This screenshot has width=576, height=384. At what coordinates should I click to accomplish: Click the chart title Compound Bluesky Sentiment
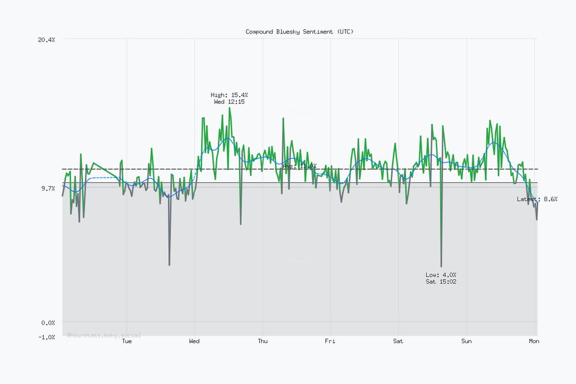(x=300, y=32)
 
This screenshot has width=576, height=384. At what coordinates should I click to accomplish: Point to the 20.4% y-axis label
(x=46, y=39)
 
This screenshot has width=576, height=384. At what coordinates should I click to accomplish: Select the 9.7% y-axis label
(x=48, y=188)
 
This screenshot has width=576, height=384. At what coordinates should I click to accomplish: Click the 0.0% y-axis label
(x=48, y=322)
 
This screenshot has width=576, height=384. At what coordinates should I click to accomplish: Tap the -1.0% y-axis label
(x=46, y=337)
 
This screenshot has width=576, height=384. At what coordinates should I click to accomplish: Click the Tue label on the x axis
(x=127, y=341)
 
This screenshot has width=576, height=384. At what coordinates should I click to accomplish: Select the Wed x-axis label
(x=195, y=341)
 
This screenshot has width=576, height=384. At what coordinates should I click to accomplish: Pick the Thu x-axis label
(x=263, y=341)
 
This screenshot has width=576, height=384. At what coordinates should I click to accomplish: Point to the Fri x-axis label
(x=330, y=341)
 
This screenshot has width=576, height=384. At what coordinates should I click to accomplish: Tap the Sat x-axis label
(x=398, y=341)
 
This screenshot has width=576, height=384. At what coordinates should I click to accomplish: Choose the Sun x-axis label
(x=466, y=341)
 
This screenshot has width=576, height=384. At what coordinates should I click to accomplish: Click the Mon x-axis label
(x=535, y=341)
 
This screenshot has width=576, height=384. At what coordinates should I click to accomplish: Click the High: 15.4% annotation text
(x=229, y=95)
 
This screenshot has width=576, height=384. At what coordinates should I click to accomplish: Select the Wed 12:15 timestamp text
(x=229, y=102)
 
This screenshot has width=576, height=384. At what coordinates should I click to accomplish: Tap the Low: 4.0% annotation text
(x=441, y=275)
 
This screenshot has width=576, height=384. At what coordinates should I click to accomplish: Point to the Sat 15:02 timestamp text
(x=441, y=282)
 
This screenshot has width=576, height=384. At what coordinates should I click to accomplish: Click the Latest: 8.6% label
(x=537, y=199)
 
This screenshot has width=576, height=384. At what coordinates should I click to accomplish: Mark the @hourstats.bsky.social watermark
(x=104, y=334)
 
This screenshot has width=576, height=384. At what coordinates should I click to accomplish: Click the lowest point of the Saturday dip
(x=441, y=267)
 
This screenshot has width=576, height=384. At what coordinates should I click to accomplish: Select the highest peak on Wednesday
(x=229, y=108)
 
